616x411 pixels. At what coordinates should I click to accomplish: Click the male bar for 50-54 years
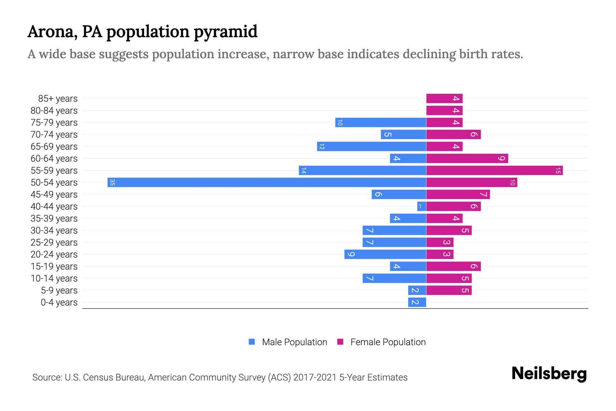(267, 182)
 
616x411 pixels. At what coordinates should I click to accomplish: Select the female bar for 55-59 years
(494, 170)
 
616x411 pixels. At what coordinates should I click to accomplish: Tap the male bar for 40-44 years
(422, 206)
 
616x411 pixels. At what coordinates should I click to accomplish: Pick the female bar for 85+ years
(444, 99)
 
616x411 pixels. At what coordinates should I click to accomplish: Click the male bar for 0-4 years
(417, 302)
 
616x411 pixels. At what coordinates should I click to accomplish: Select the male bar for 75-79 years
(381, 122)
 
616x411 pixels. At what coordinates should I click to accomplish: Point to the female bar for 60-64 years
(467, 158)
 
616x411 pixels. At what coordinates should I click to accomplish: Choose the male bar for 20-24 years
(385, 254)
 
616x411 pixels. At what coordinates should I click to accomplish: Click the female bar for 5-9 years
(449, 290)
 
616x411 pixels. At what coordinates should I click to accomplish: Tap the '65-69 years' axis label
(54, 147)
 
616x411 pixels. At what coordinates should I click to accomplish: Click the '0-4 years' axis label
(59, 302)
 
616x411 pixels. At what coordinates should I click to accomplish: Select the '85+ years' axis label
(58, 99)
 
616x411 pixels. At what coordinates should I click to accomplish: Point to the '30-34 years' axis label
(54, 231)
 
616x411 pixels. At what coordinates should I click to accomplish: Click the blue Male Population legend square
(252, 342)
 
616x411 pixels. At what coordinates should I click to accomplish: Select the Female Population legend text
(388, 342)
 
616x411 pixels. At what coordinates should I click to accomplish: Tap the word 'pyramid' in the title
(226, 32)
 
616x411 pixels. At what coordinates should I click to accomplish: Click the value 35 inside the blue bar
(112, 182)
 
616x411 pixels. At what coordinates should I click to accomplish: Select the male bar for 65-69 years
(371, 146)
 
